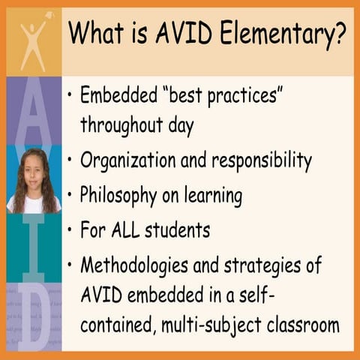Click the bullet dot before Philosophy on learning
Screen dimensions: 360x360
pos(70,196)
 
